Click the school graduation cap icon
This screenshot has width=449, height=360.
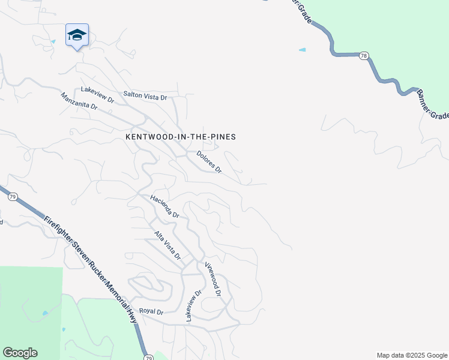tap(77, 35)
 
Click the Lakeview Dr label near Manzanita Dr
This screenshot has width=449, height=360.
tap(98, 90)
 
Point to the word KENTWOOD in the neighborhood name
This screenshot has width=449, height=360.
tap(149, 137)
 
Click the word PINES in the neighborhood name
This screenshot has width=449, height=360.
tap(222, 137)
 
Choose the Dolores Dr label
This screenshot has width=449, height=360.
tap(209, 162)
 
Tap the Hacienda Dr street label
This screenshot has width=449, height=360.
tap(165, 206)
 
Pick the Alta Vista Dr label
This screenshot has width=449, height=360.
tap(167, 245)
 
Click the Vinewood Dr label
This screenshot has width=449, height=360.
tap(213, 279)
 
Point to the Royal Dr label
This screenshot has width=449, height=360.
tap(151, 311)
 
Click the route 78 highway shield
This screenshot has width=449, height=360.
tap(364, 55)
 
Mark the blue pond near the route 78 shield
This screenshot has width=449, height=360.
tap(302, 50)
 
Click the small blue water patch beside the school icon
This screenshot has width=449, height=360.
tap(53, 41)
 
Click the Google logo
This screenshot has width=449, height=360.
tap(20, 353)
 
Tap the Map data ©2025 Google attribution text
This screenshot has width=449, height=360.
tap(411, 355)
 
